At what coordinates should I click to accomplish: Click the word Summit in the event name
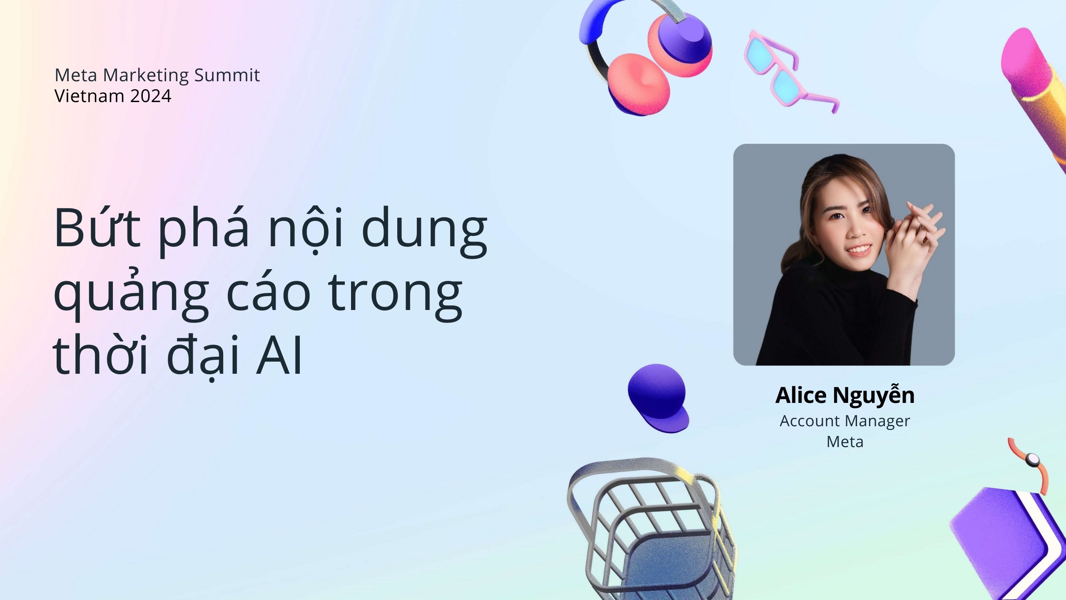(x=227, y=75)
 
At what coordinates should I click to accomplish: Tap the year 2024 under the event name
(x=150, y=96)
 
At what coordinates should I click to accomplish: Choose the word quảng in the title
(x=131, y=294)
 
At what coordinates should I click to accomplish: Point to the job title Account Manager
(x=845, y=421)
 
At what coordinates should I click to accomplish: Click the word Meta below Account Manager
(x=845, y=442)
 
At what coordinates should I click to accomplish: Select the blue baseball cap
(x=658, y=398)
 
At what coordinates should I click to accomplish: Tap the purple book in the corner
(x=1008, y=542)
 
